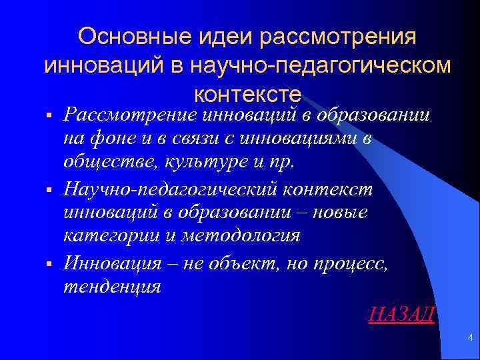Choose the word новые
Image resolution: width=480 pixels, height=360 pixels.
[341, 213]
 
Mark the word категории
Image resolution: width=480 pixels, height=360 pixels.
[105, 237]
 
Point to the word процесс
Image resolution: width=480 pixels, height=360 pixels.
[351, 262]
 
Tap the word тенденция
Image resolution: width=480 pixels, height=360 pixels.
[111, 287]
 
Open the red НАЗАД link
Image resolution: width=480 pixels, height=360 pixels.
[401, 314]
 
